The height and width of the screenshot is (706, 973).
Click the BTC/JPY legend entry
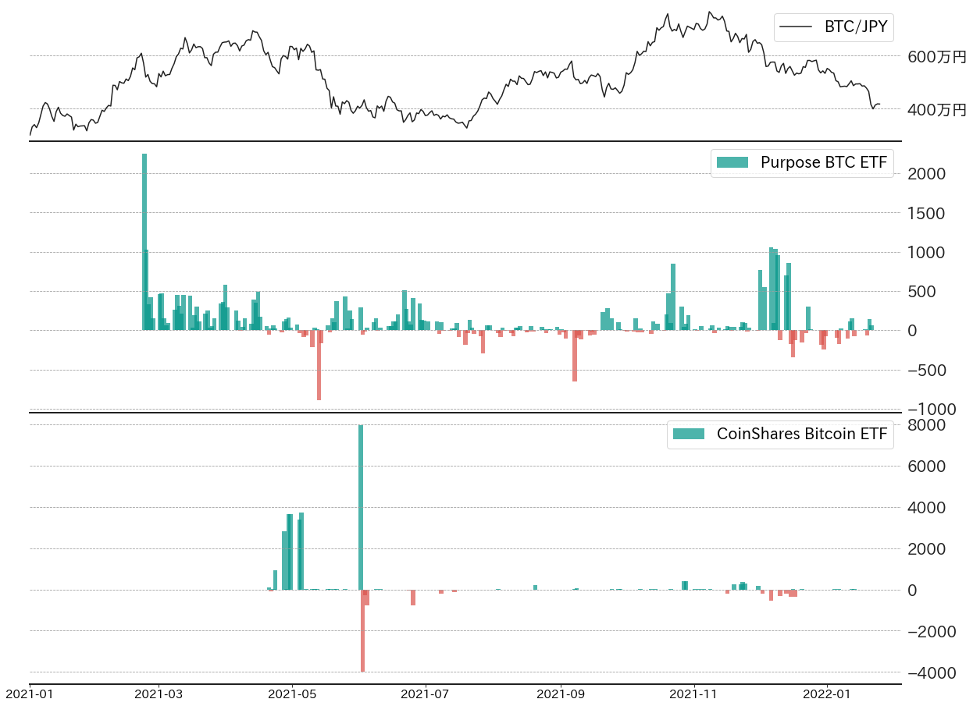(x=833, y=27)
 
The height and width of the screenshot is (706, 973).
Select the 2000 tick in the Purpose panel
(x=927, y=173)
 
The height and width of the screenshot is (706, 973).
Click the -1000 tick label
(x=926, y=409)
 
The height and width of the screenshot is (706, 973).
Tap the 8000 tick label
(x=927, y=425)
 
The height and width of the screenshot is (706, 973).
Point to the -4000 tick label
(x=926, y=672)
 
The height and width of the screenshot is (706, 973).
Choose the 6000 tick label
(x=927, y=467)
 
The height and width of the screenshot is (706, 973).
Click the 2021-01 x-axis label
(x=30, y=693)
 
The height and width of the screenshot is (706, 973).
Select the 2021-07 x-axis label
(x=426, y=693)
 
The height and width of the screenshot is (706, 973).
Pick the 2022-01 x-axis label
(x=826, y=693)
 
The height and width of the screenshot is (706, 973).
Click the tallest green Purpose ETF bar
(x=144, y=242)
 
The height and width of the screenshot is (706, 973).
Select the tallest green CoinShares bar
(x=361, y=507)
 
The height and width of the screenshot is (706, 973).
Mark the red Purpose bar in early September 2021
(x=575, y=356)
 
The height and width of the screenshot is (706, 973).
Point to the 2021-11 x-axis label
(x=693, y=693)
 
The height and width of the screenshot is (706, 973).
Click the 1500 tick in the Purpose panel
(x=927, y=213)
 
